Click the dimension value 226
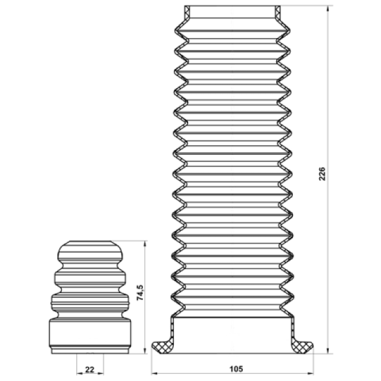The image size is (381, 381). (322, 174)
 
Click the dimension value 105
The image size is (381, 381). (236, 369)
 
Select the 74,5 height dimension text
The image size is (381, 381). (140, 293)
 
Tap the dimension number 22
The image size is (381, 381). (90, 370)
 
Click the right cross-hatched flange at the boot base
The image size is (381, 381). (302, 346)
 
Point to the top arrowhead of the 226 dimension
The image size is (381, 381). (328, 9)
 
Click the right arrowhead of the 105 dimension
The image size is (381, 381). (310, 373)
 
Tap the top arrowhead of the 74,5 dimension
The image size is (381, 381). (145, 244)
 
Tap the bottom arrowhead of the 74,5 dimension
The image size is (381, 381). (145, 350)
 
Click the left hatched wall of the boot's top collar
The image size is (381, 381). (187, 12)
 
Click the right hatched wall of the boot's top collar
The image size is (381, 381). (278, 12)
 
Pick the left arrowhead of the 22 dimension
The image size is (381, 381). (80, 373)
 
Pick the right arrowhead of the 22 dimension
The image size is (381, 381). (100, 373)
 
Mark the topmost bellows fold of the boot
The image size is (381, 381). (232, 31)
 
